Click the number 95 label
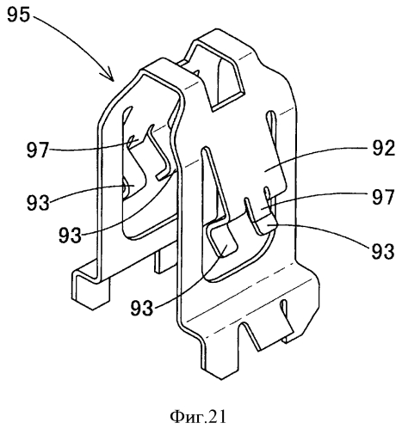[x=18, y=15]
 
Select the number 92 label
[x=384, y=148]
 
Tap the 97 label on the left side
[x=38, y=150]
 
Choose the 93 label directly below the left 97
[x=38, y=203]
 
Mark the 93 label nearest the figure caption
[x=142, y=308]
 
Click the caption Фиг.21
[x=198, y=417]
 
